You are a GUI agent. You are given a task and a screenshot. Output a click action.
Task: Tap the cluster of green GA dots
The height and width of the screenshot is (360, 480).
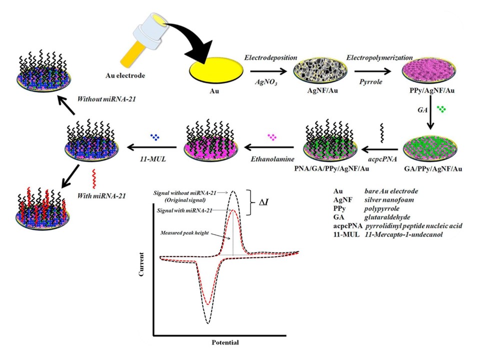(x=441, y=108)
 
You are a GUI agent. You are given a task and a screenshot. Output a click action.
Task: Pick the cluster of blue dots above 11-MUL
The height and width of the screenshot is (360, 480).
(x=155, y=136)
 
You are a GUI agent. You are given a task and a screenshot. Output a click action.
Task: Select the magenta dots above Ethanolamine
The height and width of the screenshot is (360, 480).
(x=272, y=136)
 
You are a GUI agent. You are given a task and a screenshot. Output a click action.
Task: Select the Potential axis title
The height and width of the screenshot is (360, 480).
(x=223, y=342)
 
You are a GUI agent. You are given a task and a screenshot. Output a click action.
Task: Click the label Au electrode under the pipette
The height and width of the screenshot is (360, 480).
(x=125, y=75)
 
